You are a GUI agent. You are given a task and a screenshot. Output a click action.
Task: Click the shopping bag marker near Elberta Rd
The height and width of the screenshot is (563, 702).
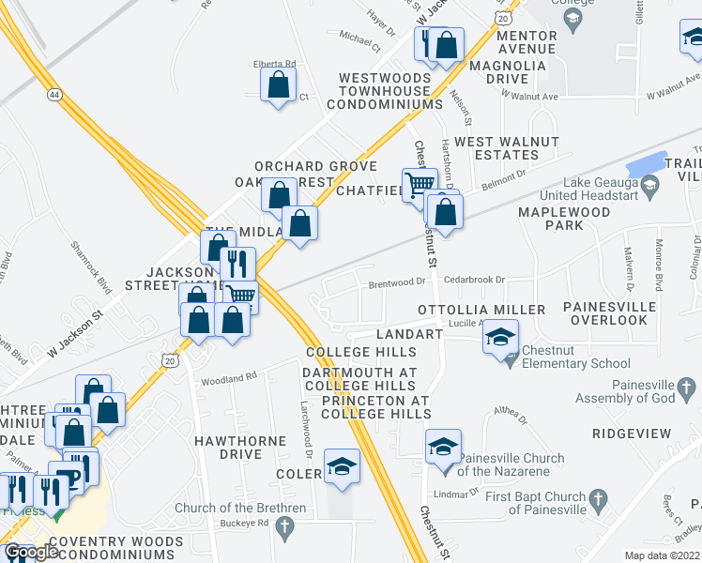[x=279, y=86]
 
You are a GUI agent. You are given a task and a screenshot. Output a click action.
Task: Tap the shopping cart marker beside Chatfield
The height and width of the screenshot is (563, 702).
[x=419, y=185]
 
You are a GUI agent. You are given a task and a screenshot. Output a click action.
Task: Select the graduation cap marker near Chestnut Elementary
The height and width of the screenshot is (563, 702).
[x=501, y=336]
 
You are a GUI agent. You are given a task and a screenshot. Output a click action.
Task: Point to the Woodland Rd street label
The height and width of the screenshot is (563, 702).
[x=228, y=377]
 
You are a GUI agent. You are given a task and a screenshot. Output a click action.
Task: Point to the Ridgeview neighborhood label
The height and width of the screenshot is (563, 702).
[x=632, y=434]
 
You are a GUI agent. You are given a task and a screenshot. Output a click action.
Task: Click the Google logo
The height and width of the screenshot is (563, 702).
[x=31, y=552]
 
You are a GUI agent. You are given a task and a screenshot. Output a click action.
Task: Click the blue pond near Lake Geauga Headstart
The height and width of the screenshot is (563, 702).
[x=645, y=162]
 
